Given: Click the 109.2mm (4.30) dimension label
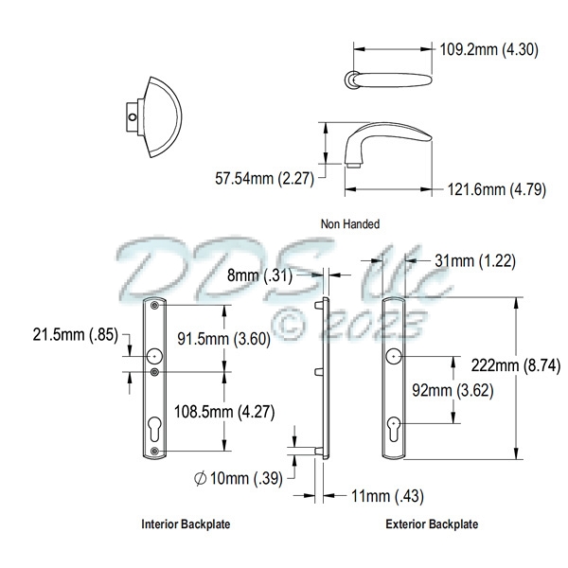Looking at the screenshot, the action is pyautogui.click(x=488, y=49).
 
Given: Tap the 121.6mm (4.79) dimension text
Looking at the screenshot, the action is pyautogui.click(x=497, y=189).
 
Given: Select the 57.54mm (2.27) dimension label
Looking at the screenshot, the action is pyautogui.click(x=264, y=179).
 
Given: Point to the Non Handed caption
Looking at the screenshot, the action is pyautogui.click(x=350, y=224).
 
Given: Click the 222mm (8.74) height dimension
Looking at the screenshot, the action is pyautogui.click(x=516, y=365).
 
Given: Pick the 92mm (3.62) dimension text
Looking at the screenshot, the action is pyautogui.click(x=453, y=390).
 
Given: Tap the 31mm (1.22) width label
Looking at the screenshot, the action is pyautogui.click(x=475, y=261).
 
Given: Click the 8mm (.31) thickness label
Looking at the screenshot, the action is pyautogui.click(x=259, y=275).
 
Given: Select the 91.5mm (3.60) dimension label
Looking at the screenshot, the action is pyautogui.click(x=223, y=339).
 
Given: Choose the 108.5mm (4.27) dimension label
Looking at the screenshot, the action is pyautogui.click(x=224, y=412).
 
